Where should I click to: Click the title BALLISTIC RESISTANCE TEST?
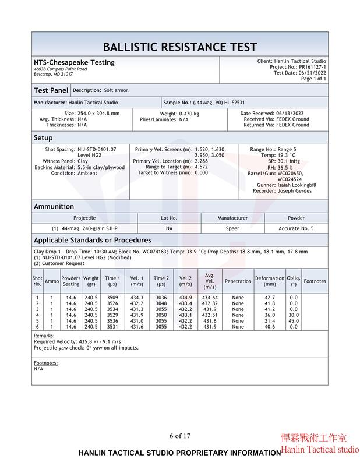coord(179,47)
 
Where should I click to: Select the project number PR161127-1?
coord(310,67)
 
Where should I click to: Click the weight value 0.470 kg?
coord(188,114)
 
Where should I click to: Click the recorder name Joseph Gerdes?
coord(294,191)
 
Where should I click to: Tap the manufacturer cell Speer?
coord(232,228)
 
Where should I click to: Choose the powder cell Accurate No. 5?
coord(296,228)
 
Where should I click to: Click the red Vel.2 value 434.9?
coord(185,298)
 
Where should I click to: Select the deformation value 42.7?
coord(270,298)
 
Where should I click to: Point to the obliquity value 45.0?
coord(294,321)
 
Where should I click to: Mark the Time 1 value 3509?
coord(112,298)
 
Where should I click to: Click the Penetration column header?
coord(238,281)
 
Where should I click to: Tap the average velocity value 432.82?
coord(210,303)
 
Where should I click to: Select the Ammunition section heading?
coord(54,206)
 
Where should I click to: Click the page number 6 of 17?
coord(179,436)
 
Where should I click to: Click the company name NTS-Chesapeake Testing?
coord(74,62)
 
